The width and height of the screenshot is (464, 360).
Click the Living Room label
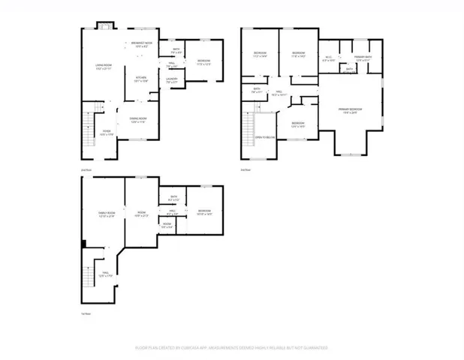pyautogui.click(x=104, y=68)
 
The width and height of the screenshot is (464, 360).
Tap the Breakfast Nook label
pyautogui.click(x=142, y=44)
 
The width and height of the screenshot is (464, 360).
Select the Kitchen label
pyautogui.click(x=140, y=78)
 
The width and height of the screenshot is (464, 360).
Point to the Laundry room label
pyautogui.click(x=171, y=79)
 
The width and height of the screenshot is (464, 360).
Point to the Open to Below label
pyautogui.click(x=264, y=138)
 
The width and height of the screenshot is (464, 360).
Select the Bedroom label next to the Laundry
pyautogui.click(x=203, y=61)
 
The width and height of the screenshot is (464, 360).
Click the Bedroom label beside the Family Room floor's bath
pyautogui.click(x=204, y=212)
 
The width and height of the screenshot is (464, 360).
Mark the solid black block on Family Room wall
pyautogui.click(x=83, y=242)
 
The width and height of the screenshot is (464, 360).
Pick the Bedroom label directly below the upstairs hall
pyautogui.click(x=297, y=124)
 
